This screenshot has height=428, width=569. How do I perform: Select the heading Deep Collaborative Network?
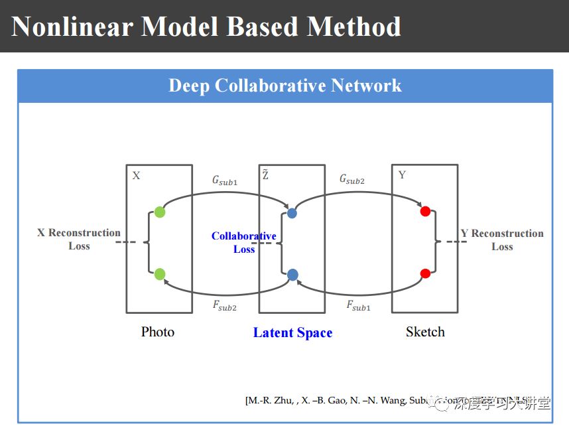285,86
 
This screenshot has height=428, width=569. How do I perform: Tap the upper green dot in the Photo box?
159,212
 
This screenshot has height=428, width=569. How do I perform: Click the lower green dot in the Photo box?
159,274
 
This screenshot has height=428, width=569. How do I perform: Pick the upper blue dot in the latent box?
292,213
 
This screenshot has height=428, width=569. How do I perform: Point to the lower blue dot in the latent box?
292,275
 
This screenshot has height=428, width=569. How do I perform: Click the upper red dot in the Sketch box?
426,212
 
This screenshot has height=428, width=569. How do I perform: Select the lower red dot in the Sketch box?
426,273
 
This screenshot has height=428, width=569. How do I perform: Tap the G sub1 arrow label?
224,180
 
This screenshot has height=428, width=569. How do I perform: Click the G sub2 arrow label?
352,180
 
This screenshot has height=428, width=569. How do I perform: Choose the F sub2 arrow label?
225,306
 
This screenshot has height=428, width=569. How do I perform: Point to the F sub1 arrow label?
359,306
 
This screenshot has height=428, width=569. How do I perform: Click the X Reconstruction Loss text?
79,240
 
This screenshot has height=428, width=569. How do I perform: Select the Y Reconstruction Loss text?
502,240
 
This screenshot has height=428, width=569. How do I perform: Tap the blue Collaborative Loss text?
244,242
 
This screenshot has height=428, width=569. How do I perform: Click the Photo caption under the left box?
158,332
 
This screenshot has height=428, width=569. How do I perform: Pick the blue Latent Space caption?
292,333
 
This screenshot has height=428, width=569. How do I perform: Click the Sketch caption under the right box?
425,332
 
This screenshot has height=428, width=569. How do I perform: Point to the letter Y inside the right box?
402,175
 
